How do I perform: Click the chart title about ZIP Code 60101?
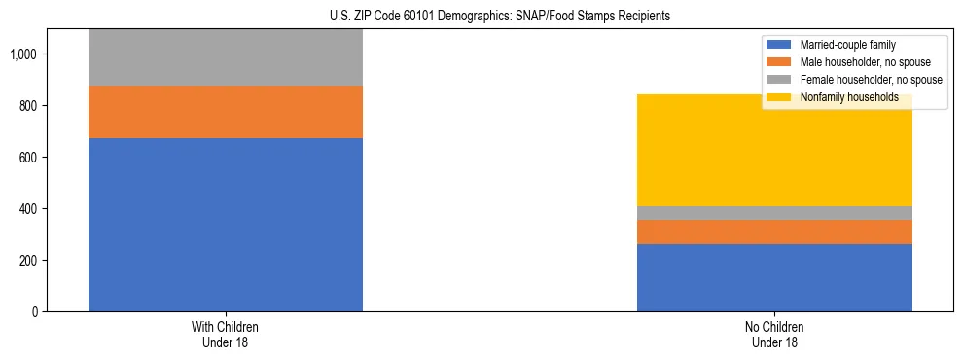click(x=482, y=17)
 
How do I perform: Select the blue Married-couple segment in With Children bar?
click(x=226, y=225)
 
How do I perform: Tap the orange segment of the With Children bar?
click(x=226, y=112)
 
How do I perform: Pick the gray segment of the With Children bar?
click(x=226, y=57)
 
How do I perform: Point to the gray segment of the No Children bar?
click(x=774, y=213)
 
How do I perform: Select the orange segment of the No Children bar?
click(x=774, y=232)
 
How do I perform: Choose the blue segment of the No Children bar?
click(x=774, y=278)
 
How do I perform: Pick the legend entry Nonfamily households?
click(x=842, y=97)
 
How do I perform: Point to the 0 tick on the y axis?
click(x=35, y=312)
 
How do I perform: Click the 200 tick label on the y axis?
click(x=28, y=261)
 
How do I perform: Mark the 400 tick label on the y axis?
click(x=28, y=209)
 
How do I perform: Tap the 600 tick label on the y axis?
click(x=28, y=158)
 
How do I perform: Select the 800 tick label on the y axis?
click(x=28, y=106)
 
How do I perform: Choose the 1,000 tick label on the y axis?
click(x=24, y=54)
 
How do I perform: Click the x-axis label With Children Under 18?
click(x=226, y=335)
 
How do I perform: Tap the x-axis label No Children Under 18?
click(x=774, y=335)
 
